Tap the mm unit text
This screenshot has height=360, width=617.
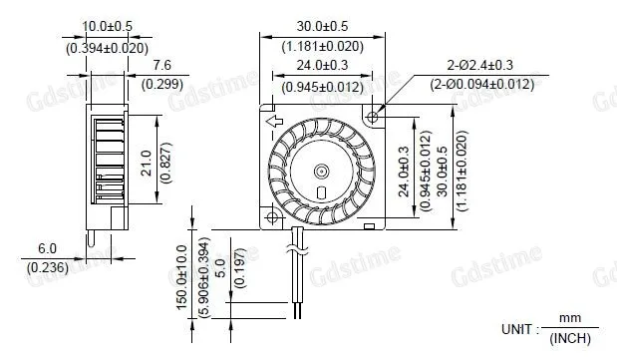[x=569, y=317]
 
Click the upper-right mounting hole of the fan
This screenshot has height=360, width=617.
[x=373, y=118]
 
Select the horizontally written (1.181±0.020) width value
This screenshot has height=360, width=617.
[x=323, y=45]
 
